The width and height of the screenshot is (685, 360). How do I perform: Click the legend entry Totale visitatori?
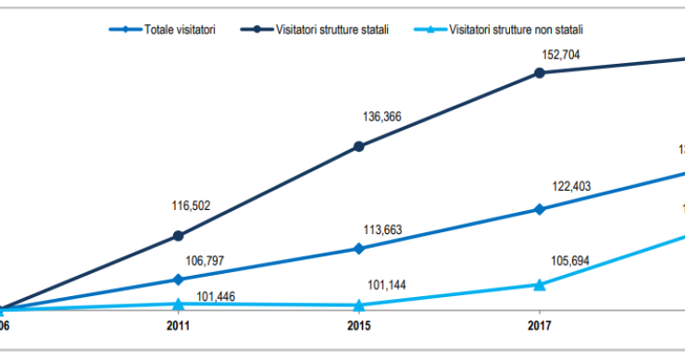[181, 31]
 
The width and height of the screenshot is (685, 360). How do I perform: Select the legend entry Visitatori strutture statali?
[330, 31]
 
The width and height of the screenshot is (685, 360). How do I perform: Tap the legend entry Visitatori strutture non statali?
[517, 31]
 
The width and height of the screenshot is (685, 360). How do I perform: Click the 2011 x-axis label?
[178, 327]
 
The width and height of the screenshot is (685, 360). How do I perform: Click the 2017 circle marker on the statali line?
[540, 72]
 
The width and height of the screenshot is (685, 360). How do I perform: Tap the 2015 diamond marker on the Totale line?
[358, 248]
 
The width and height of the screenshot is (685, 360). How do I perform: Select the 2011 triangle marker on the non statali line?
[178, 304]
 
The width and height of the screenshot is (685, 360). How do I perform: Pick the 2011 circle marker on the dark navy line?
[178, 236]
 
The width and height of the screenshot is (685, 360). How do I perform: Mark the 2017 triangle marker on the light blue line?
[540, 284]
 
